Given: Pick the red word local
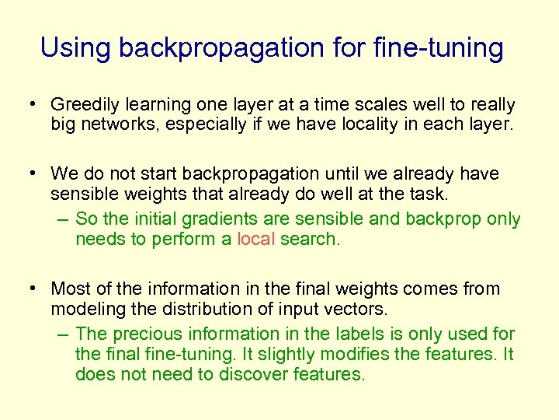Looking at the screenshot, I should (x=255, y=239).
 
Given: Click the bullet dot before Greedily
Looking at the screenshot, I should (x=34, y=104).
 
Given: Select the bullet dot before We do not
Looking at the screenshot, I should (x=34, y=173).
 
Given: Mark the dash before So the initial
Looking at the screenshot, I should (x=63, y=219).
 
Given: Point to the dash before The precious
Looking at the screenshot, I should (x=63, y=334).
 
